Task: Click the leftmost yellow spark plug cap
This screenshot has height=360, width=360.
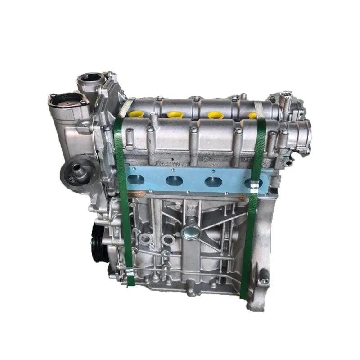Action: click(x=135, y=114)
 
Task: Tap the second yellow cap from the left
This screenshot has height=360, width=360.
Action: click(x=175, y=115)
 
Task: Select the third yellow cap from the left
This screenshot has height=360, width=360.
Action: click(x=215, y=115)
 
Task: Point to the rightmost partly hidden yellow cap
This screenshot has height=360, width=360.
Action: click(x=253, y=116)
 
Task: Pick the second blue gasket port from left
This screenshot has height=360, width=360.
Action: click(x=174, y=181)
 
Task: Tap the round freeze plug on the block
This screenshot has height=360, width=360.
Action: click(x=191, y=234)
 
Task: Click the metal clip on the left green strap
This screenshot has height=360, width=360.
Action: click(x=130, y=271)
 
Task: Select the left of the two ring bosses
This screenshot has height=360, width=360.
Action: click(x=145, y=238)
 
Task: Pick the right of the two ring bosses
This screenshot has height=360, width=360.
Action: click(x=168, y=239)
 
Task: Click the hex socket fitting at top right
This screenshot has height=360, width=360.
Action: click(x=286, y=96)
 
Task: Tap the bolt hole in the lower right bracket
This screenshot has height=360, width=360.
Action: click(x=265, y=281)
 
